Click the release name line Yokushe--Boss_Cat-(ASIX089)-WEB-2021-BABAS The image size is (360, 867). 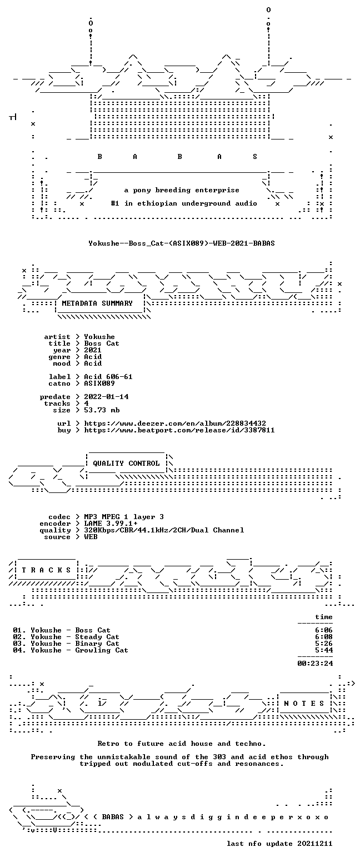182,243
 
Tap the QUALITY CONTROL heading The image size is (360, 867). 126,464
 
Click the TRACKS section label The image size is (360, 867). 47,570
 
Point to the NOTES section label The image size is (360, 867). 304,703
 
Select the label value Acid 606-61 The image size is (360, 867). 108,377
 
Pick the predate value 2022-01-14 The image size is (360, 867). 106,397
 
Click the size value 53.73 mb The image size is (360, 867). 102,410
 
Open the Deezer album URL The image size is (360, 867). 175,423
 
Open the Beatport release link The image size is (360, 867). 179,430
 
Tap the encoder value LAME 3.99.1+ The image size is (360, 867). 111,524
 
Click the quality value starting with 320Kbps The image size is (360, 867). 164,530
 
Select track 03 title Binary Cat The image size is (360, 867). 97,644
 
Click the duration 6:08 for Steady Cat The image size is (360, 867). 324,637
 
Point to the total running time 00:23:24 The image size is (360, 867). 314,664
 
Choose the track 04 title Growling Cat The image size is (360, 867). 102,650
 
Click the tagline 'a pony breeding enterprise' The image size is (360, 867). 182,191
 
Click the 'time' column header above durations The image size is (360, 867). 324,617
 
